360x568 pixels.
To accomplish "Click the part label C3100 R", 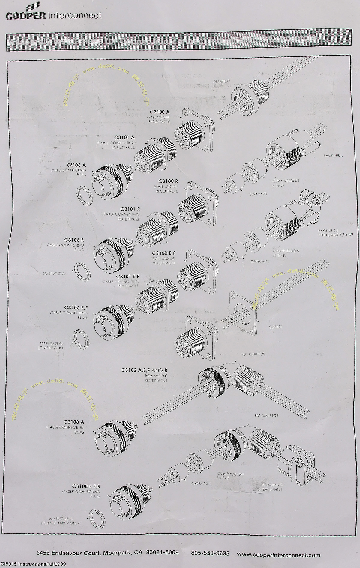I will point(168,181).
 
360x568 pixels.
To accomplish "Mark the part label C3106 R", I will point(73,240).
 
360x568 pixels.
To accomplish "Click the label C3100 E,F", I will point(164,253).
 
